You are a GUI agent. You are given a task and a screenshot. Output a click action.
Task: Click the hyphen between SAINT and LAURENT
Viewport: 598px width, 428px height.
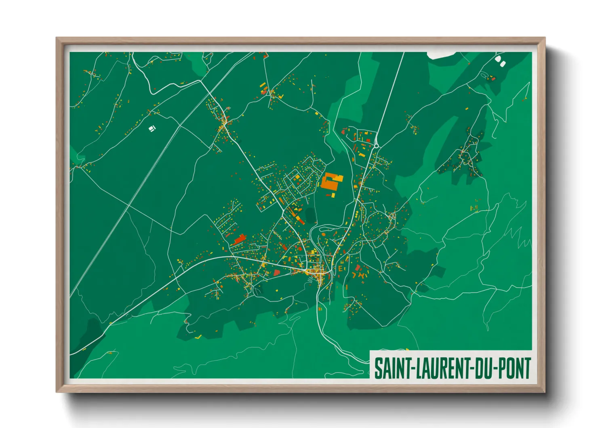[411, 369]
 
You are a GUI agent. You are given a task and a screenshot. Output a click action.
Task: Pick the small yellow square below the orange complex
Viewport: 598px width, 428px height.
[333, 195]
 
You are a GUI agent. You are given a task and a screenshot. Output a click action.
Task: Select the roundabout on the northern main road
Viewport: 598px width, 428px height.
[376, 146]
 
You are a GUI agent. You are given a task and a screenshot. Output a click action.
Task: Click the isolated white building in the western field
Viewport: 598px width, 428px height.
[152, 129]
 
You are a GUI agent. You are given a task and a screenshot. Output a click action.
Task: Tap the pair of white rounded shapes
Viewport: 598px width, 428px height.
[501, 61]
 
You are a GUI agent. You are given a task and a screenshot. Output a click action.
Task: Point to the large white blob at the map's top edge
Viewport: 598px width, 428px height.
[440, 55]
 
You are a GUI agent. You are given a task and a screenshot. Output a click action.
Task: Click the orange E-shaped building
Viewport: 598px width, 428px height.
[340, 268]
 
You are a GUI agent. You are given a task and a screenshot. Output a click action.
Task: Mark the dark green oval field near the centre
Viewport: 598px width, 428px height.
[310, 215]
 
